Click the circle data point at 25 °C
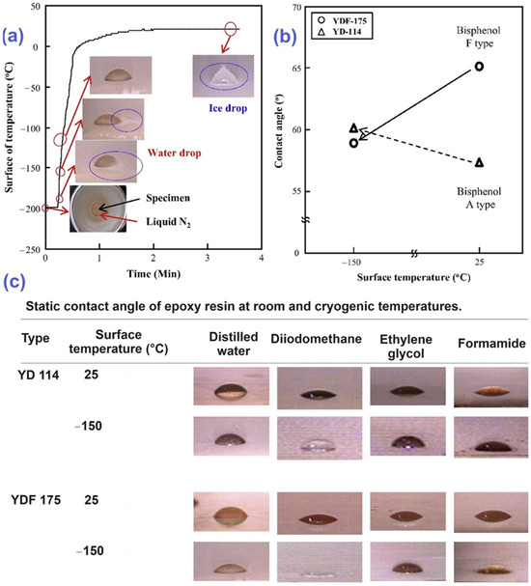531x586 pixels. click(x=479, y=67)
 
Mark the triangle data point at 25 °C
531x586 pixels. click(x=479, y=162)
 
